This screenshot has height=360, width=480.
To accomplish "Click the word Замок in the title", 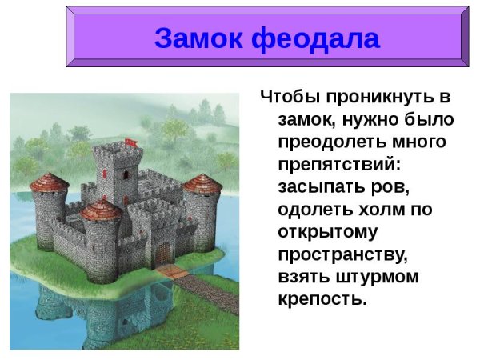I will coord(199,38).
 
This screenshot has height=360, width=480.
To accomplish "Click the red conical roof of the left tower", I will coord(50,181).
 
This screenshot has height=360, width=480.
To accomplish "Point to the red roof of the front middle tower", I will coord(101,210).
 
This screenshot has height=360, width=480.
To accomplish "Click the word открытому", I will coord(329,234).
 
